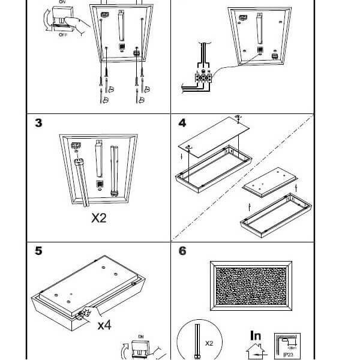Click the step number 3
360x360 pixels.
38,123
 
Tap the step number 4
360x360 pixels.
183,123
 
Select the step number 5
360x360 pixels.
38,250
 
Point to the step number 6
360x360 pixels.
183,250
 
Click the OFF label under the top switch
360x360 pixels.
63,35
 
